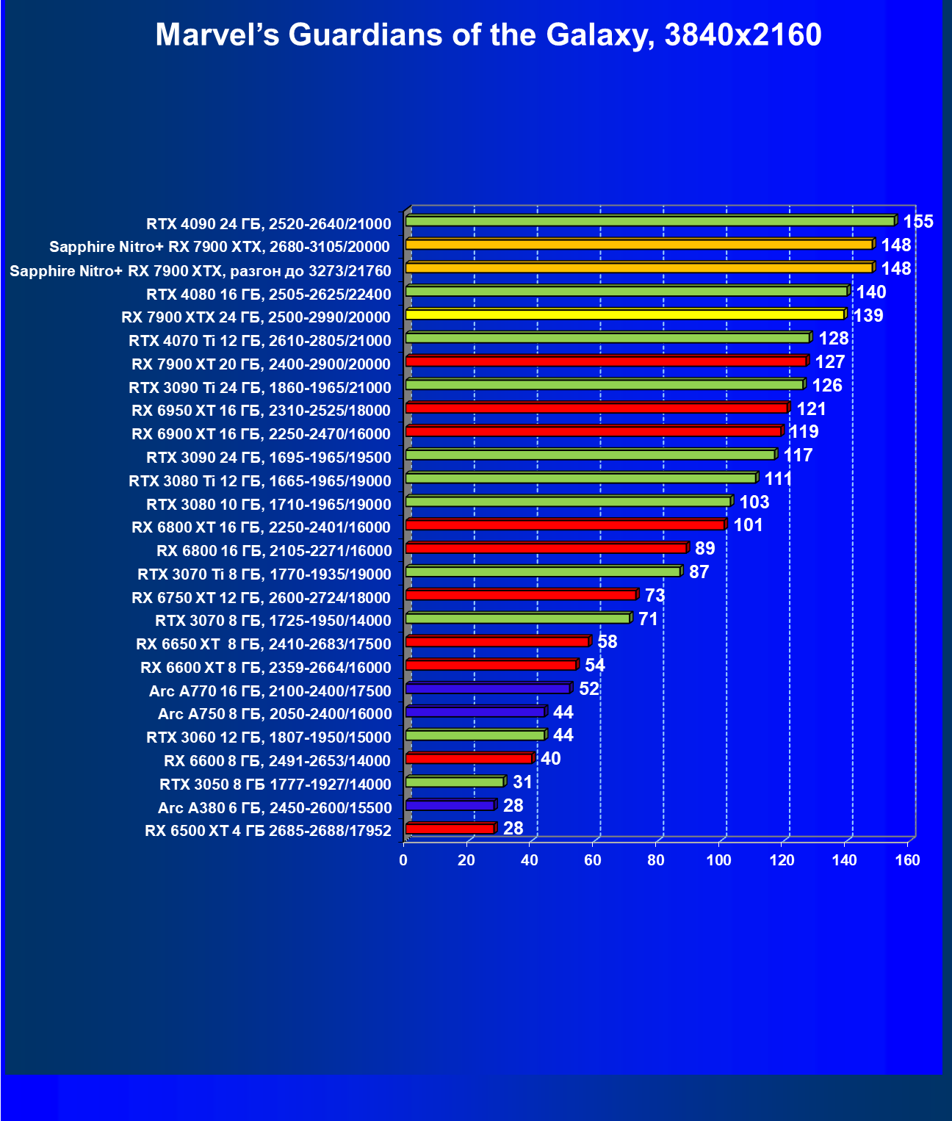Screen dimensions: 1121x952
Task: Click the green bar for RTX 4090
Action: (650, 221)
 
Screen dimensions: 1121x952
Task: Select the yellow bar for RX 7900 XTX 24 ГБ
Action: (624, 314)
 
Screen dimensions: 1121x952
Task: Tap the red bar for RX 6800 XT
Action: (565, 525)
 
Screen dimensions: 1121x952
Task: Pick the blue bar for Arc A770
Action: (488, 688)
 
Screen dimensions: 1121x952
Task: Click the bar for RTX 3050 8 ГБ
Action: (455, 782)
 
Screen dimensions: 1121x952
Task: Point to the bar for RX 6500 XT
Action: (450, 829)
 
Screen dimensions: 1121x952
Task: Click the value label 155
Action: (917, 222)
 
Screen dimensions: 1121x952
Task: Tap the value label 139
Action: (868, 316)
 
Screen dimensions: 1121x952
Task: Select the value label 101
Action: (748, 525)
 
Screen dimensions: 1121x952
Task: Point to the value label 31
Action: (522, 782)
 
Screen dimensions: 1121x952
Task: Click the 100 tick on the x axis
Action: (718, 860)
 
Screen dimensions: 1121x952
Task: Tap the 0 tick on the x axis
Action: (403, 860)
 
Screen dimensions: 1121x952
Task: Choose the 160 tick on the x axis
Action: (907, 860)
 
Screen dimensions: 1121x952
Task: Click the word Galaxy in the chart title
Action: (596, 35)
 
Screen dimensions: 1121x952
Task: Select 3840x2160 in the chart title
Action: (743, 35)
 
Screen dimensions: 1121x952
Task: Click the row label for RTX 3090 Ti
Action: (260, 387)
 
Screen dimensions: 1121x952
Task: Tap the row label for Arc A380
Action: (275, 808)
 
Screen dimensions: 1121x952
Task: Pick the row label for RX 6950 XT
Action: (261, 411)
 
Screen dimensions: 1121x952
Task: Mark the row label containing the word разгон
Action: (201, 271)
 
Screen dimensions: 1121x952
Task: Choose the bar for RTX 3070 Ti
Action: (543, 572)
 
